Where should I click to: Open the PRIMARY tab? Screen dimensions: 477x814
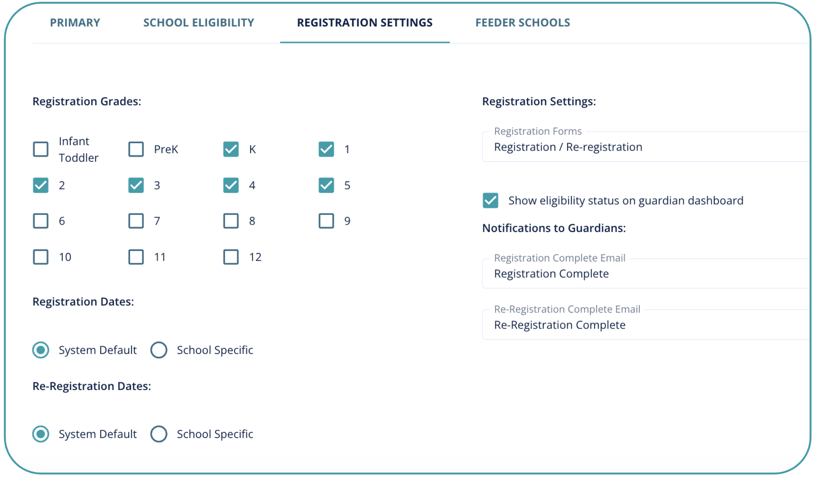(75, 23)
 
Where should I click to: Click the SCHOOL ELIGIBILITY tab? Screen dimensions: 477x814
(199, 23)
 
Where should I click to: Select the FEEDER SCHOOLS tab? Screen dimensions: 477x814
(523, 23)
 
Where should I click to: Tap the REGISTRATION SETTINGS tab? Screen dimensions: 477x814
(365, 23)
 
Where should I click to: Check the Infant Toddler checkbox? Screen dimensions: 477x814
(41, 149)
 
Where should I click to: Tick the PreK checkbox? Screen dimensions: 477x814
(136, 149)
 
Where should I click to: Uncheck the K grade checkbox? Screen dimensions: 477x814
(231, 149)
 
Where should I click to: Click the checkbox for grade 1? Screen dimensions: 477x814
(326, 149)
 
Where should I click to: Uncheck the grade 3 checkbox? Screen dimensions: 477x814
(136, 185)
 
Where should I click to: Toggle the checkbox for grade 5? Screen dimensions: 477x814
(326, 185)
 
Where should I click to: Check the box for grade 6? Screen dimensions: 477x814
(41, 221)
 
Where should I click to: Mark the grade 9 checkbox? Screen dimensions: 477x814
(326, 221)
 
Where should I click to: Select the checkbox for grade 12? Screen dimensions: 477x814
(231, 257)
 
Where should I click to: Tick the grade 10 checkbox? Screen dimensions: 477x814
(41, 257)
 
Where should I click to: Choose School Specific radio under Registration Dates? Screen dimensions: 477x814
(159, 350)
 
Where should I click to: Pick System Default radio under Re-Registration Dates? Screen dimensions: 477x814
(41, 434)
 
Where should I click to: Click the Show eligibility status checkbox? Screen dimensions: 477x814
(490, 200)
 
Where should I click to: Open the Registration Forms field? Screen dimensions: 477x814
(644, 147)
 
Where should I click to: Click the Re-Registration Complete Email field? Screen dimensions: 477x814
(644, 325)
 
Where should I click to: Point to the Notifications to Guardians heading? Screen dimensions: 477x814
(554, 228)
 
